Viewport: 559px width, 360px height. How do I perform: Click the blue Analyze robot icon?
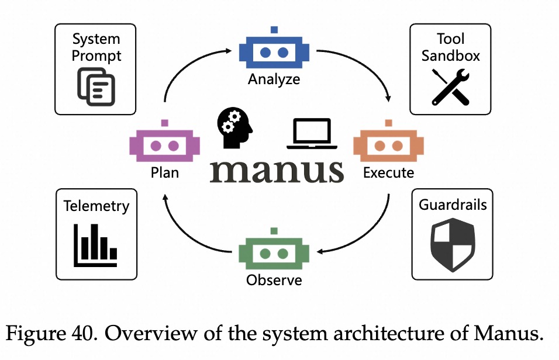[274, 51]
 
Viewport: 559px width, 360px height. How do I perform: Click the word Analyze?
[274, 79]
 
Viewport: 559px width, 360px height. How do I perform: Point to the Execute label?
[388, 173]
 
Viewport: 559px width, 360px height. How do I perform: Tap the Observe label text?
[274, 280]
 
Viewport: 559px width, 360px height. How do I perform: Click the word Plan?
[164, 173]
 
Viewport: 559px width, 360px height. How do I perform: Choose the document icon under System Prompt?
[96, 86]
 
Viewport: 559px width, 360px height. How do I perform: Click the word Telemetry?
[96, 206]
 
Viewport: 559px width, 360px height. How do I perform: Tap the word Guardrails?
[453, 205]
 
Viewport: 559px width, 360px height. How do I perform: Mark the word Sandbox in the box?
[450, 56]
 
